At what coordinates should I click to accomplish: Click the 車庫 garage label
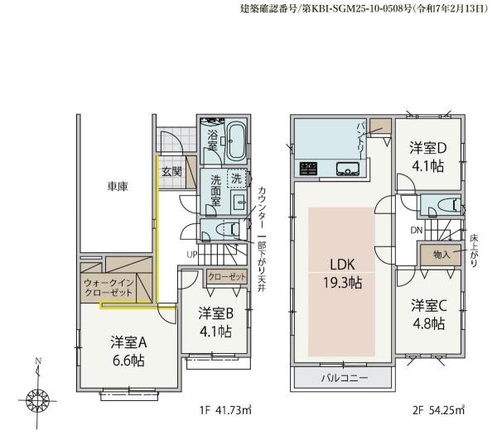[x=118, y=186]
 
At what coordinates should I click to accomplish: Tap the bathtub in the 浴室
[x=237, y=141]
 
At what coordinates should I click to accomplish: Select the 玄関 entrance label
[x=171, y=172]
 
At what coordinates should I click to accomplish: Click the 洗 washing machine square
[x=236, y=179]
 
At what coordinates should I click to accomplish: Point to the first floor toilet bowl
[x=227, y=228]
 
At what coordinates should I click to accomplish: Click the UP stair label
[x=192, y=255]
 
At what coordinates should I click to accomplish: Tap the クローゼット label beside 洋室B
[x=227, y=277]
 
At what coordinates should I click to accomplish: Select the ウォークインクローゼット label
[x=109, y=288]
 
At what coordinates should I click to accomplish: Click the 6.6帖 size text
[x=128, y=360]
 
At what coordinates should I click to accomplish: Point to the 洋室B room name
[x=216, y=313]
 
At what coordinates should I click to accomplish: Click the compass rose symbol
[x=37, y=399]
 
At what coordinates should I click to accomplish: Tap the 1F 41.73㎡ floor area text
[x=225, y=410]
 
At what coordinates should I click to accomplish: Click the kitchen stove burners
[x=308, y=169]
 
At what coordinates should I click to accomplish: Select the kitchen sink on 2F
[x=348, y=169]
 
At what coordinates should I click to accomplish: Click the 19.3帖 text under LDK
[x=342, y=283]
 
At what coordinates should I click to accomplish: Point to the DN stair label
[x=417, y=231]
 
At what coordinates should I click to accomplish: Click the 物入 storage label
[x=442, y=254]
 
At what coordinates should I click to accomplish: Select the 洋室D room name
[x=428, y=148]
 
